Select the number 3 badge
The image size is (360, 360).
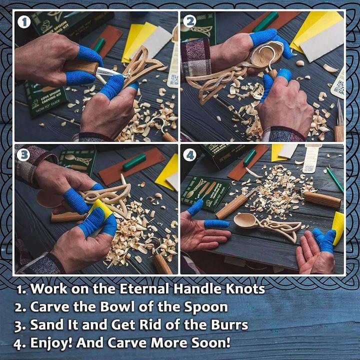tap(23, 155)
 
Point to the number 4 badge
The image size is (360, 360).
tap(189, 155)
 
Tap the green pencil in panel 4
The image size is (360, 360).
tap(335, 179)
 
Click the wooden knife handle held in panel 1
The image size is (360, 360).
tap(80, 67)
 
